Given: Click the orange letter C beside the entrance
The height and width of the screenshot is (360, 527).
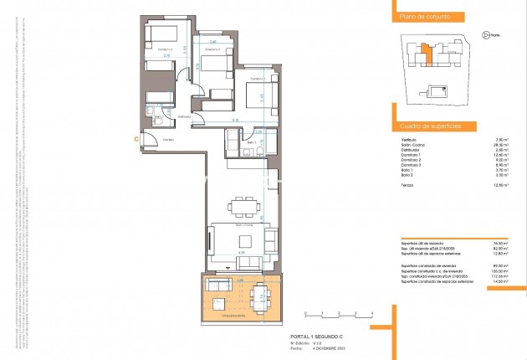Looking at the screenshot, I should [136, 140].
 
